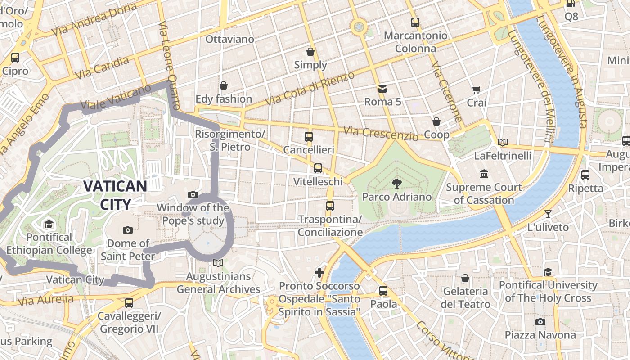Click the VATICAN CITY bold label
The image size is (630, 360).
tap(115, 195)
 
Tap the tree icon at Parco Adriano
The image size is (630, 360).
tap(396, 183)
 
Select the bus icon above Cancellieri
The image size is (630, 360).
tap(309, 136)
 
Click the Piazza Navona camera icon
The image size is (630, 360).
tap(540, 322)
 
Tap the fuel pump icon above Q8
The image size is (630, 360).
tap(571, 3)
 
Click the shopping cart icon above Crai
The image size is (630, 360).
tap(476, 90)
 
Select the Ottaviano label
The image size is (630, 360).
tap(229, 39)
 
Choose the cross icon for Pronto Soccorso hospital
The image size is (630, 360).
tap(319, 272)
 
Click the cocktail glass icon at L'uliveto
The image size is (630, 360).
tap(548, 214)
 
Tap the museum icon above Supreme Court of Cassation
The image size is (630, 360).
tap(484, 174)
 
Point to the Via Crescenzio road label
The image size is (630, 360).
tap(381, 133)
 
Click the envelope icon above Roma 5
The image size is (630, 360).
tap(382, 89)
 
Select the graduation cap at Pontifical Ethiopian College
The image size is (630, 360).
tap(49, 224)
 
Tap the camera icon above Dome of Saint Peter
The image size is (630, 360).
tap(128, 230)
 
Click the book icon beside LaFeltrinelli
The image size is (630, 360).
tap(503, 142)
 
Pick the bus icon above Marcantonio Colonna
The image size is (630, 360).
tap(415, 22)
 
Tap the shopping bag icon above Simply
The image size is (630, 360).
tap(310, 52)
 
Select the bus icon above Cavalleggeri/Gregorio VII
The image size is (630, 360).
tap(129, 302)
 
